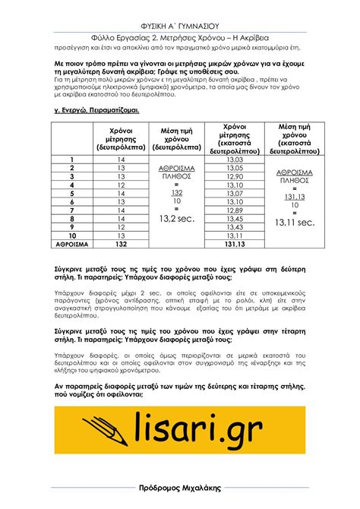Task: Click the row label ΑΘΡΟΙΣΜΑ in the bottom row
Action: click(72, 245)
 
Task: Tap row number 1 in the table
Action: click(71, 160)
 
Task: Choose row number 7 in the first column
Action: click(71, 210)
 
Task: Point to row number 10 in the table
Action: click(71, 236)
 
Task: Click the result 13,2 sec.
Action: click(177, 219)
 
